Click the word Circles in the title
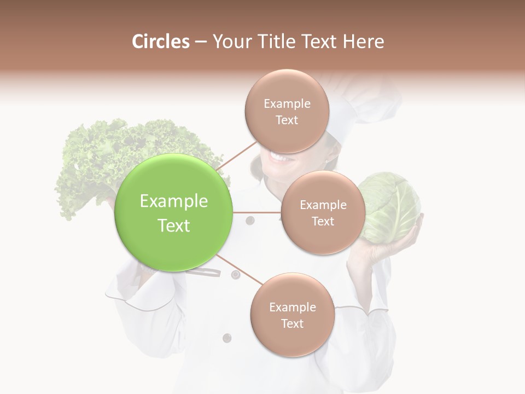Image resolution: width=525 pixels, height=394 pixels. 161,42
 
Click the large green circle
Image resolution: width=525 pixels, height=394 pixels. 173,213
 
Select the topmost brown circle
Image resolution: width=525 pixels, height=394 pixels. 287,112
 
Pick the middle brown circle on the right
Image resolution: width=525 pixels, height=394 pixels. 323,212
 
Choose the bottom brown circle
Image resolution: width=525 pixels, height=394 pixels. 292,315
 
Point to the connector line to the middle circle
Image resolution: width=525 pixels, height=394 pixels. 256,212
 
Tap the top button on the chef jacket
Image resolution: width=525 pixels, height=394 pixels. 250,221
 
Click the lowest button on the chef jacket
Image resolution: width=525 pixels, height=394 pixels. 226,338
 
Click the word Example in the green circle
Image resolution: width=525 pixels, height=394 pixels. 173,201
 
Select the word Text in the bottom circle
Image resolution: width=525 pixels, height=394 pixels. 292,323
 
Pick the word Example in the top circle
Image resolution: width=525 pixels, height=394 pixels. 287,103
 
